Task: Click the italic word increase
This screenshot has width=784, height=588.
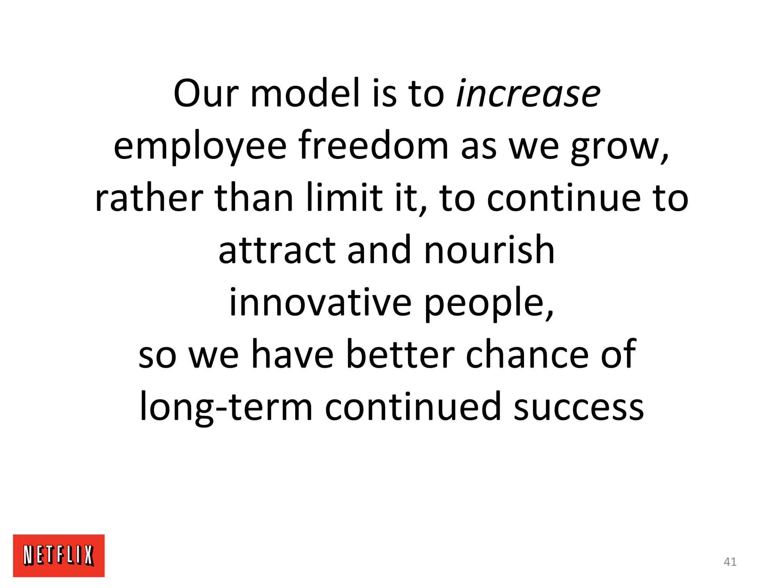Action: (x=528, y=94)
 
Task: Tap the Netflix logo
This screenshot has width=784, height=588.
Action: (x=59, y=555)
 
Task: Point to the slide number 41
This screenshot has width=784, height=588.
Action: (x=730, y=562)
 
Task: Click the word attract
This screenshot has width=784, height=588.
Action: (x=277, y=250)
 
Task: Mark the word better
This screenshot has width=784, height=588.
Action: (x=400, y=354)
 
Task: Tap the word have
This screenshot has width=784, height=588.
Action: (x=292, y=354)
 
